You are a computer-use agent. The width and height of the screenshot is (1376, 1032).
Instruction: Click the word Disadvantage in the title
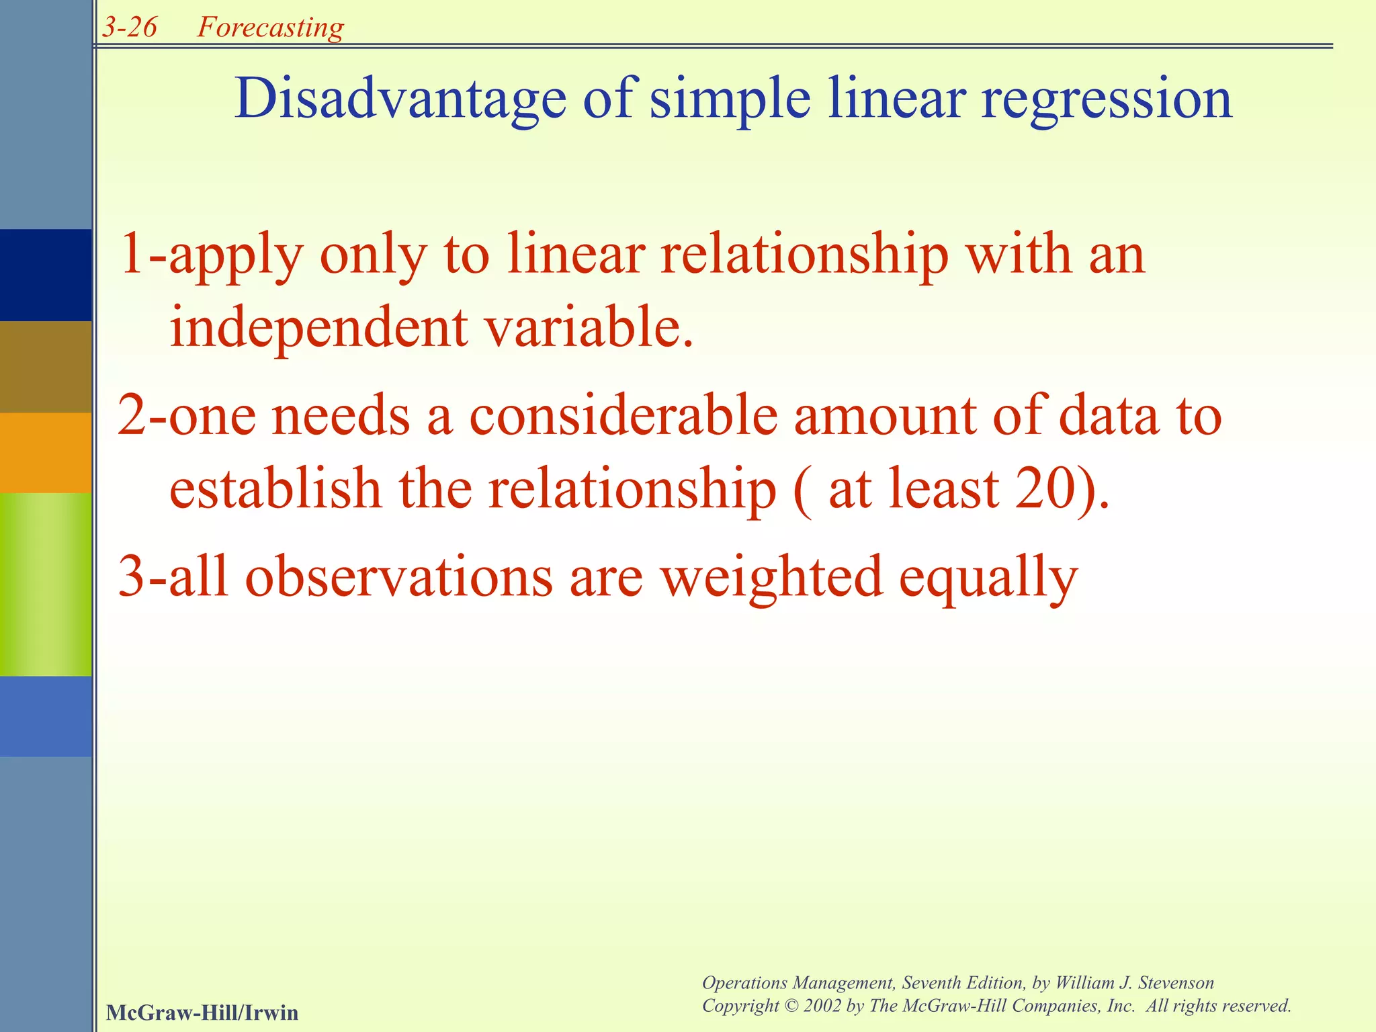(400, 99)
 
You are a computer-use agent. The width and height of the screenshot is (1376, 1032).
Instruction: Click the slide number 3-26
(130, 28)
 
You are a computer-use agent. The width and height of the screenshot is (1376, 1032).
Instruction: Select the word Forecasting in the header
(270, 28)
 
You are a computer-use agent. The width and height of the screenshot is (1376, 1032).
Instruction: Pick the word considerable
(623, 417)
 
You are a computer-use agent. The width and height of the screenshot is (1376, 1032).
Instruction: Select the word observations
(398, 577)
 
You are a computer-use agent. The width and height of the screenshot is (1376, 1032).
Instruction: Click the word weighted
(771, 577)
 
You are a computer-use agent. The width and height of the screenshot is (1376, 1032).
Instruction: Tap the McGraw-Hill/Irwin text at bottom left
(202, 1013)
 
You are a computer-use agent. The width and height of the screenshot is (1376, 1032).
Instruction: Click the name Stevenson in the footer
(1175, 983)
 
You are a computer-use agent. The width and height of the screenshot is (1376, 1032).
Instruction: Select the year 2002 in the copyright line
(822, 1006)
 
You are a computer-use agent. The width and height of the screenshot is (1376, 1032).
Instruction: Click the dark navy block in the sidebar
(46, 275)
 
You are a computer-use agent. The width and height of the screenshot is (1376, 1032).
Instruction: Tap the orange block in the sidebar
(46, 452)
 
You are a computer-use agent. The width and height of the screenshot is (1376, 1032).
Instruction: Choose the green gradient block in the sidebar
(46, 584)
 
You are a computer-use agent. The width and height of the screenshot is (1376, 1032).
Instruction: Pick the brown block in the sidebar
(46, 367)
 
